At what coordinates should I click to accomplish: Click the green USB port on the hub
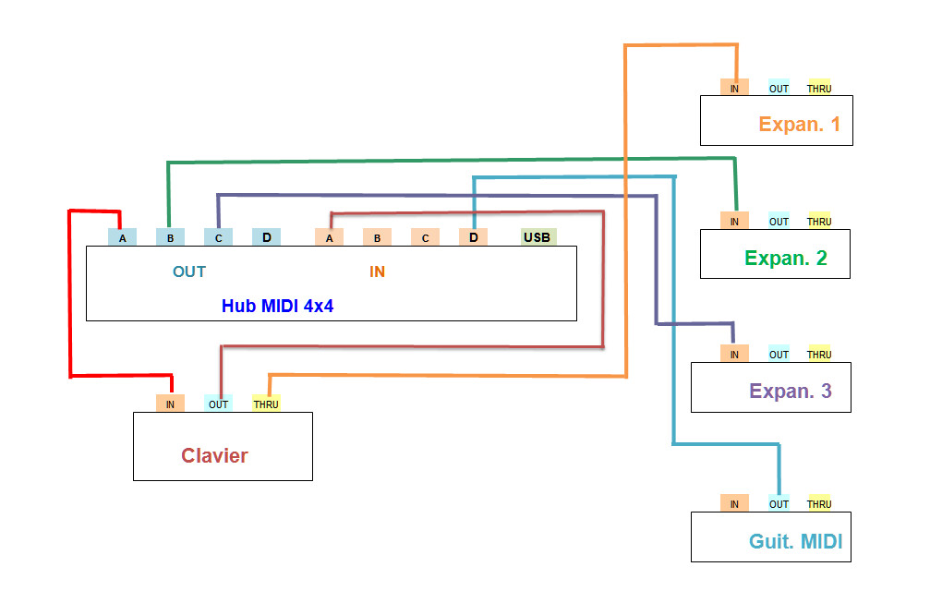click(x=538, y=237)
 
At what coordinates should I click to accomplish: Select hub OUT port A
click(x=122, y=237)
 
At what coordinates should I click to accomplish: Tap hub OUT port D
click(x=266, y=237)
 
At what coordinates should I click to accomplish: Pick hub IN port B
click(x=377, y=237)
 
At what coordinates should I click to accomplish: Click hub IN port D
click(x=473, y=237)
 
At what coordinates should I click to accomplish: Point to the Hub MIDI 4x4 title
click(x=277, y=306)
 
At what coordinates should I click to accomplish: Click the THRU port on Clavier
click(x=266, y=404)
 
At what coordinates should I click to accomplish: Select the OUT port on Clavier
click(x=218, y=404)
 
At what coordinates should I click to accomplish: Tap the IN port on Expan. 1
click(x=734, y=88)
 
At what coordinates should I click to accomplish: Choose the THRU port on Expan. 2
click(x=819, y=221)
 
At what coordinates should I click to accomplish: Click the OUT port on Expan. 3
click(x=779, y=354)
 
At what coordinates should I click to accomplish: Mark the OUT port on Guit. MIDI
click(x=779, y=503)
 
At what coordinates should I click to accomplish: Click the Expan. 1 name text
click(x=799, y=124)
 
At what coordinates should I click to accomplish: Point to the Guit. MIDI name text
click(x=795, y=541)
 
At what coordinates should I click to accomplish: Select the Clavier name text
click(x=214, y=455)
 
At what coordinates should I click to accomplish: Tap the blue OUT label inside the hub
click(x=189, y=271)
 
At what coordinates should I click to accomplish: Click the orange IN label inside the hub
click(x=377, y=271)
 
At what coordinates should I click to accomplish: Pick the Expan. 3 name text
click(x=791, y=391)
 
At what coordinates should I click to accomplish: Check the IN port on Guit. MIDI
click(x=734, y=503)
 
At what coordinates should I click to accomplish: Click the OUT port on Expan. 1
click(x=779, y=88)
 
